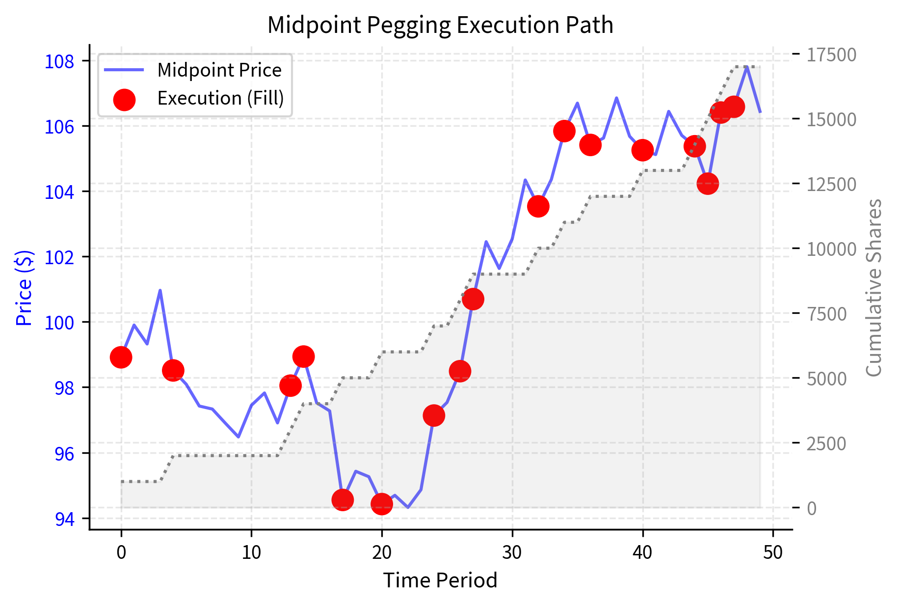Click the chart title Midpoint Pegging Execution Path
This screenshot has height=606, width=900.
(x=440, y=25)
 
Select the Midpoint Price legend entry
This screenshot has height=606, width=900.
(x=219, y=70)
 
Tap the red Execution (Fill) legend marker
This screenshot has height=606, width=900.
(x=124, y=99)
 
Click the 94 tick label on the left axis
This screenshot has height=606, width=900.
(x=64, y=519)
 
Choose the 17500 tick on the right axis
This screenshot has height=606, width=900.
(x=831, y=55)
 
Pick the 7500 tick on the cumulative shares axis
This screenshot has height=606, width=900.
(x=827, y=314)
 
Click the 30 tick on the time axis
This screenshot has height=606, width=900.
(x=512, y=552)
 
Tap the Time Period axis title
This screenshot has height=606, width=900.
(x=440, y=580)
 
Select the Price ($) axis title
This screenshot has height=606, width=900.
(x=24, y=288)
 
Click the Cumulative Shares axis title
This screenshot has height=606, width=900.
(x=874, y=288)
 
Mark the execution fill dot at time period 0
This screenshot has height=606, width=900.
(x=121, y=357)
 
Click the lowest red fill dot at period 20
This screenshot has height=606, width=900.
(x=382, y=504)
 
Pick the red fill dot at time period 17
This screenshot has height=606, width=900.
(x=343, y=500)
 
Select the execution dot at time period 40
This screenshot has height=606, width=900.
(x=642, y=150)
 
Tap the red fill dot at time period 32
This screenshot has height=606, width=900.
(x=538, y=206)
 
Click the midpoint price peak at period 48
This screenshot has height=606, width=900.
(x=747, y=66)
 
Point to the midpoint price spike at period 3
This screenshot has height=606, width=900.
(x=160, y=290)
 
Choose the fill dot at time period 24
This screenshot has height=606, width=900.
(x=434, y=415)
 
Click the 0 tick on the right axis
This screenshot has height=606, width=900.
(x=812, y=508)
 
